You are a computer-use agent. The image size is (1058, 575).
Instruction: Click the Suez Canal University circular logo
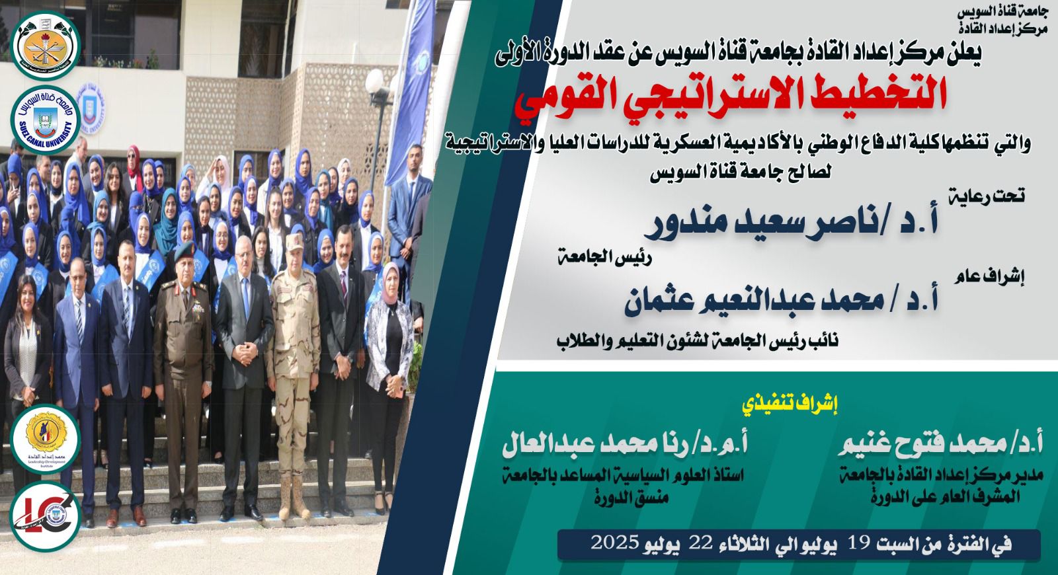[x=46, y=120]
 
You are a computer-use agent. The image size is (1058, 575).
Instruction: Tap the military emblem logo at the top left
[x=46, y=46]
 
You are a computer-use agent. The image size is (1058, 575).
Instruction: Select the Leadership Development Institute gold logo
[x=46, y=439]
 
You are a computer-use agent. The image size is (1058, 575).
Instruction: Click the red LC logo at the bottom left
[x=46, y=516]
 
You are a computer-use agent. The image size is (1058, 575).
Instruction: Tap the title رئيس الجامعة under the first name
[x=604, y=258]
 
